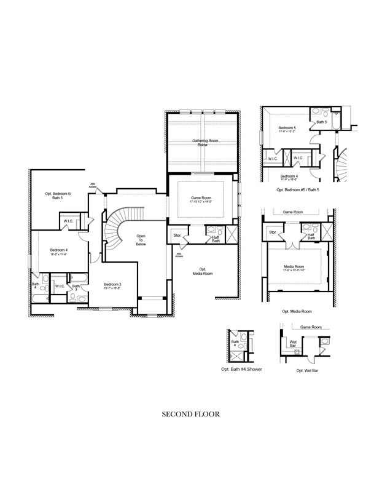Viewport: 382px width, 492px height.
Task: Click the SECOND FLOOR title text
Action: click(x=190, y=414)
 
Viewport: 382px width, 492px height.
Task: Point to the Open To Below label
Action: click(x=141, y=240)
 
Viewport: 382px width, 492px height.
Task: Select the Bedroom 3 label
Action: click(x=112, y=285)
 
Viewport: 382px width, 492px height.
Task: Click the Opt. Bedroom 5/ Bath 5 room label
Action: click(x=58, y=196)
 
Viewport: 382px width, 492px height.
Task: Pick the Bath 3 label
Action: click(x=76, y=287)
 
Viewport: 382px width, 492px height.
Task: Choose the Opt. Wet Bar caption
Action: click(x=306, y=371)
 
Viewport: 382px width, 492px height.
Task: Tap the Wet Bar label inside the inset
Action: click(x=293, y=343)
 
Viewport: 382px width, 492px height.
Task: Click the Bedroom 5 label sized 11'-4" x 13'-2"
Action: click(x=287, y=129)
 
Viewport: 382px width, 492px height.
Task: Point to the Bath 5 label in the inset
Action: click(x=321, y=122)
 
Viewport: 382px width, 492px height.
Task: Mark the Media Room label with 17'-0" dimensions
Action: click(x=294, y=268)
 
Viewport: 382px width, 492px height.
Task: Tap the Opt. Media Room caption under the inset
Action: click(x=297, y=311)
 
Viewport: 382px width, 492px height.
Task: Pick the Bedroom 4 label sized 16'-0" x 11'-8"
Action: click(x=59, y=251)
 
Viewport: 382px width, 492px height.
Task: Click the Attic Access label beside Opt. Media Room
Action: click(x=179, y=255)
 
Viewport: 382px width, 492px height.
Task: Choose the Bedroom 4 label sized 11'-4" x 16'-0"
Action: click(x=289, y=178)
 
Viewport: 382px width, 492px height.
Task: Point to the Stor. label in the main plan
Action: click(x=177, y=235)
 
